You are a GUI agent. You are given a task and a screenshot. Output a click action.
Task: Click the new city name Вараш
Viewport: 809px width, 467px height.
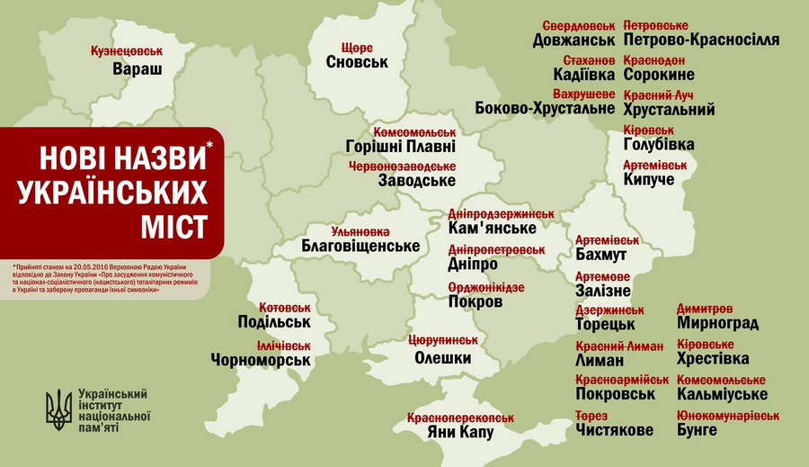pyautogui.click(x=138, y=69)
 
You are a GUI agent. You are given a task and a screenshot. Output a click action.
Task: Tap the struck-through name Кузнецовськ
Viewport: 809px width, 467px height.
pyautogui.click(x=127, y=52)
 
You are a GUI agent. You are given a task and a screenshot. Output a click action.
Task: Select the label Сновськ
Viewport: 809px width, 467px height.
pyautogui.click(x=357, y=63)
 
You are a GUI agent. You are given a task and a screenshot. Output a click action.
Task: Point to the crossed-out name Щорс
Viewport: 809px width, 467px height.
pyautogui.click(x=357, y=47)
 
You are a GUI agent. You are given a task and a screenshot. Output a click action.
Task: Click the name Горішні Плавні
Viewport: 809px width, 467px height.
pyautogui.click(x=400, y=147)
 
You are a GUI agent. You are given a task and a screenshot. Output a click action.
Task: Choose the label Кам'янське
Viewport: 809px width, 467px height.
pyautogui.click(x=486, y=230)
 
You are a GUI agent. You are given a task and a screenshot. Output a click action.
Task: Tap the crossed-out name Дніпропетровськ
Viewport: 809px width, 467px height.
pyautogui.click(x=496, y=249)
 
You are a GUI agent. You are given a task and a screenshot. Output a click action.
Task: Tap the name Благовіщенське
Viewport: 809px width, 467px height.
pyautogui.click(x=361, y=246)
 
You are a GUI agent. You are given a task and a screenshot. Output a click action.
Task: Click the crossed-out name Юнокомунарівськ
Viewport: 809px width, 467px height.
pyautogui.click(x=728, y=415)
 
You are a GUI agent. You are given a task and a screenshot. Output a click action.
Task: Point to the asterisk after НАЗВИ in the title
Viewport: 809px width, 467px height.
pyautogui.click(x=211, y=144)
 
